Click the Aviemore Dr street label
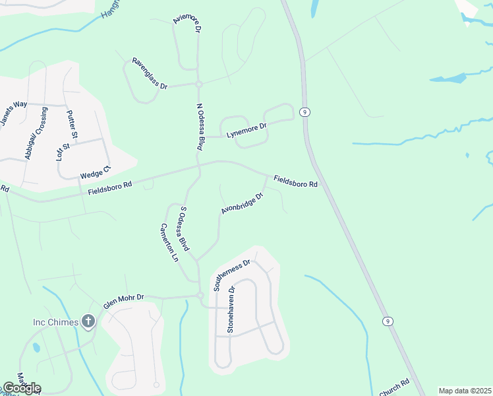coord(187,24)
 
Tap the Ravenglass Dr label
coord(150,73)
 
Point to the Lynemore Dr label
coord(246,130)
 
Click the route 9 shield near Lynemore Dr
coord(304,112)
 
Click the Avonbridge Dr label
coord(242,203)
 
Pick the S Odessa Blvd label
coord(185,229)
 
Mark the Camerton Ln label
coord(169,242)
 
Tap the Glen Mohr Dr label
coord(123,302)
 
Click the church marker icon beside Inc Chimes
coord(88,321)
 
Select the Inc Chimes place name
coord(55,322)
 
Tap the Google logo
coord(21,388)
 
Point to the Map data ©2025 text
coord(464,391)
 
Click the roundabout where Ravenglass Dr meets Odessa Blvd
coord(198,84)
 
